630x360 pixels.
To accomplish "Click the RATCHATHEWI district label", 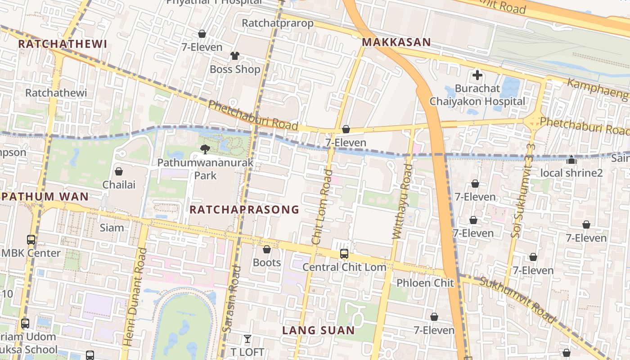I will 63,44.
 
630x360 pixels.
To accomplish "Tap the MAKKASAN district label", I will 396,42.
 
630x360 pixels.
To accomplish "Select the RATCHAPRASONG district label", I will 244,209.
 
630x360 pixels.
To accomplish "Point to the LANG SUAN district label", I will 318,331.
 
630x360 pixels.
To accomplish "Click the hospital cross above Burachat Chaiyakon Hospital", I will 477,75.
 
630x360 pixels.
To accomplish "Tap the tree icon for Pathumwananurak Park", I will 205,149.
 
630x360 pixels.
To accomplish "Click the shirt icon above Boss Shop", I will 235,56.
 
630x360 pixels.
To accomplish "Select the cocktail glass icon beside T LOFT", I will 247,339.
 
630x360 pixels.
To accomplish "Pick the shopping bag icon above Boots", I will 267,249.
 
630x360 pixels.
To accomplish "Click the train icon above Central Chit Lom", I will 344,254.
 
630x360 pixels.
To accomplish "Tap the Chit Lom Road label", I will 323,207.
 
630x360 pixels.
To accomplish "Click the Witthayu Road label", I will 403,201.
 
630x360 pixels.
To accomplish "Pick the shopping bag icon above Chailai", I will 119,171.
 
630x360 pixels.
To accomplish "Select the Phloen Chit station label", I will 425,283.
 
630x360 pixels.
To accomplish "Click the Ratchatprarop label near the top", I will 277,23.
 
